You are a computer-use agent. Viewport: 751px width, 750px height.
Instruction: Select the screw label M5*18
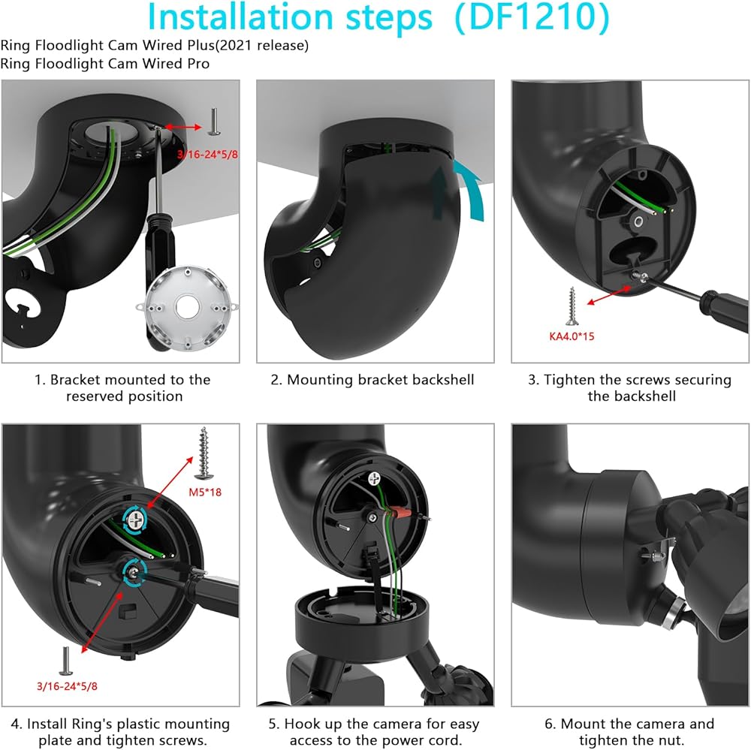210,492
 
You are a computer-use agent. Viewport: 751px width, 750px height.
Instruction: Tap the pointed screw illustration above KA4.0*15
571,306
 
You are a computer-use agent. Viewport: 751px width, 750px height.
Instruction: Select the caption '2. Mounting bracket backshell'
372,380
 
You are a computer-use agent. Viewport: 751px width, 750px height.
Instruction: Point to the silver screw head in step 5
375,477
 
